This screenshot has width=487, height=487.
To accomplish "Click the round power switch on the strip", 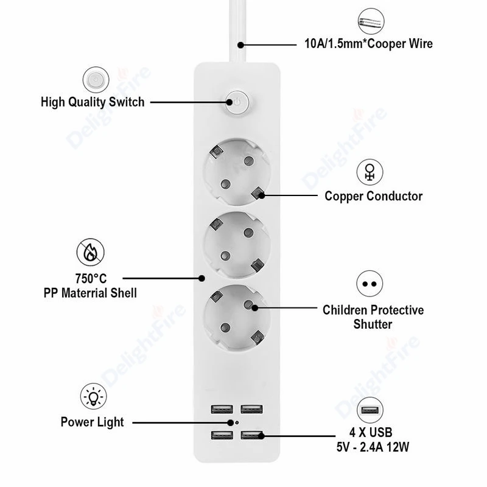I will pos(238,103).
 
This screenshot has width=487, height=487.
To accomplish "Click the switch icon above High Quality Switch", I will pos(93,80).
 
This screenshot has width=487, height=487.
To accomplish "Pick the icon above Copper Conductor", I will pos(369,172).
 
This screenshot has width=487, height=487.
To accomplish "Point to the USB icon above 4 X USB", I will pos(369,410).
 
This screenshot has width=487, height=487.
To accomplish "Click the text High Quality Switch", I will pos(93,102).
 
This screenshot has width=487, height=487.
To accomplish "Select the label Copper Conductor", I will pos(373,196).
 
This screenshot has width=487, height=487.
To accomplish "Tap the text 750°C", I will pos(90,279).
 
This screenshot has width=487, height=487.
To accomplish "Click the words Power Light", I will pos(92,421).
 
